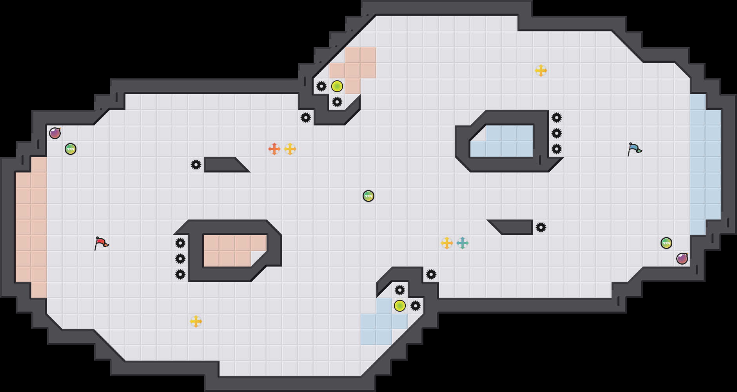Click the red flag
pos(101,243)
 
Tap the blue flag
pos(634,149)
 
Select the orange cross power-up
pos(274,149)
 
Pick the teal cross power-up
pos(463,243)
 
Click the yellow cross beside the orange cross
pos(290,149)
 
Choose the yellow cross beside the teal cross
pos(447,243)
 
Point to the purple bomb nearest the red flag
pos(55,133)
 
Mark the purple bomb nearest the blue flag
pos(682,259)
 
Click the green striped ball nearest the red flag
pos(71,149)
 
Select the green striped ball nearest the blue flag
pos(666,243)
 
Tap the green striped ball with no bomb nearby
pos(368,196)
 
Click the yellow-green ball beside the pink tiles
pos(337,86)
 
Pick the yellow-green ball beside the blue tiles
pos(400,306)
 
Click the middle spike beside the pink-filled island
pos(180,259)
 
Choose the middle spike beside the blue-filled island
pos(557,133)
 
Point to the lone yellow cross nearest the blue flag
pos(541,71)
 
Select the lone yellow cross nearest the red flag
pos(196,321)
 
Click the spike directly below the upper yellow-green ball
pos(337,102)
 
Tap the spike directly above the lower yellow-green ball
pos(400,290)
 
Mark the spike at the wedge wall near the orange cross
pos(196,165)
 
